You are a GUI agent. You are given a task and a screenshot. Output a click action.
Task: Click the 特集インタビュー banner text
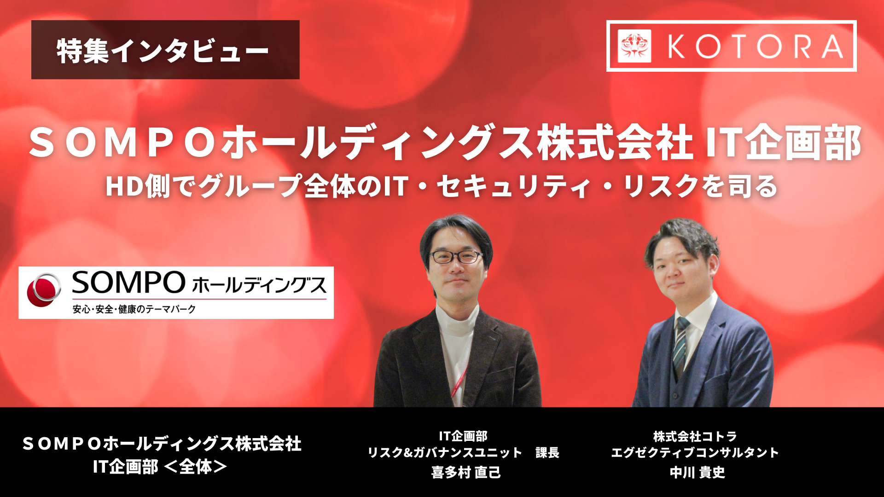click(x=163, y=51)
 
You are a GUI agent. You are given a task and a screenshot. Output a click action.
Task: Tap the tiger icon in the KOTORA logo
click(x=634, y=46)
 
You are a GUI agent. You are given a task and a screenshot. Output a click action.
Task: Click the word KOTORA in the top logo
click(x=755, y=46)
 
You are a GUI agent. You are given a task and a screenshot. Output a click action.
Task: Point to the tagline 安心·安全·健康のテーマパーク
click(x=134, y=309)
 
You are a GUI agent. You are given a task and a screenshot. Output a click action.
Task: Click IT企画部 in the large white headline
click(x=783, y=143)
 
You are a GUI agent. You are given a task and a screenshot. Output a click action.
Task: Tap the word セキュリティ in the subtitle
click(x=514, y=186)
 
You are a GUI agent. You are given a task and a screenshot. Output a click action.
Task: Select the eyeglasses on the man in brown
click(x=456, y=257)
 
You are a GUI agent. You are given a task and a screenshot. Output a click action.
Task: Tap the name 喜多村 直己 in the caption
click(x=465, y=473)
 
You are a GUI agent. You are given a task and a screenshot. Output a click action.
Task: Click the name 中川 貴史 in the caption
click(x=697, y=473)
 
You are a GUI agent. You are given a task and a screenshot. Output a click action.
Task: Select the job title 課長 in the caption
click(x=547, y=453)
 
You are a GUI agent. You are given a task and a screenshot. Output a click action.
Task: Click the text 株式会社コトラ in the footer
click(x=695, y=436)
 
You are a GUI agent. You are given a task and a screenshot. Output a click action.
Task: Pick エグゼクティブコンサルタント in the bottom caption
click(x=695, y=453)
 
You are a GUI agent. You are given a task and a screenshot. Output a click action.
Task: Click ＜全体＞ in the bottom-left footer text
click(x=195, y=467)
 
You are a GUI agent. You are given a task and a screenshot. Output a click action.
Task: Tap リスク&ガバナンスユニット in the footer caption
click(x=445, y=453)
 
